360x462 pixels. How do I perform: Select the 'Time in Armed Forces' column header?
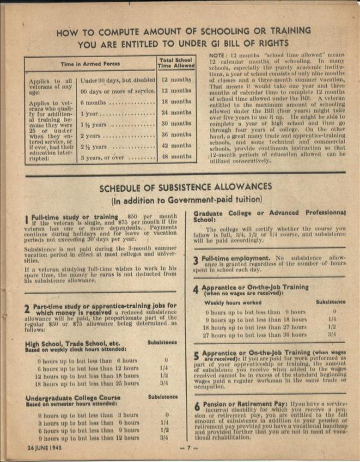click(x=90, y=64)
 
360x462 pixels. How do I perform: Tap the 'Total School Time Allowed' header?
click(x=176, y=63)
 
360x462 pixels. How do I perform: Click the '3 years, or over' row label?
click(x=102, y=157)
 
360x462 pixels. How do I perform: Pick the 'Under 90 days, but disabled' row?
click(x=118, y=80)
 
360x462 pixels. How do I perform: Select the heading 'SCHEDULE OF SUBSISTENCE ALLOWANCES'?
click(x=186, y=188)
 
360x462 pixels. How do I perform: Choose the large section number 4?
click(x=196, y=290)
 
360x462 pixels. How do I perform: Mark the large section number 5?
click(x=196, y=355)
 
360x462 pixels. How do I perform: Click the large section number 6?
click(x=196, y=407)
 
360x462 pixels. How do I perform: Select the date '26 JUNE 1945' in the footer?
click(x=44, y=447)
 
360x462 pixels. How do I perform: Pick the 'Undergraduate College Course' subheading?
click(x=67, y=398)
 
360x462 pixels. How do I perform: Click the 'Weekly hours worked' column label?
click(x=232, y=303)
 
